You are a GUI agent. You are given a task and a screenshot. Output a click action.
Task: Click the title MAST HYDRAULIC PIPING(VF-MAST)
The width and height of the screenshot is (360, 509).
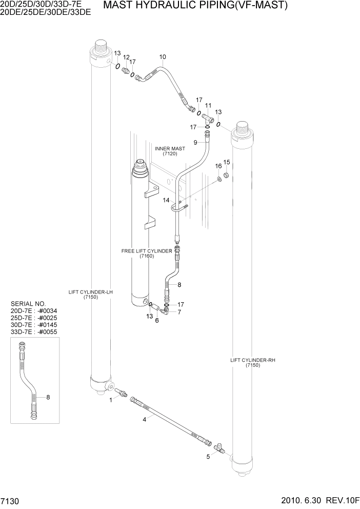pos(195,6)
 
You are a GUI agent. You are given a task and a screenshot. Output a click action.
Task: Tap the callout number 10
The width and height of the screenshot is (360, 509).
pos(163,57)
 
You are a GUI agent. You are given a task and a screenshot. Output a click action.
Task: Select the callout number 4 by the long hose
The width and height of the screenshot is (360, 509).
pos(145,420)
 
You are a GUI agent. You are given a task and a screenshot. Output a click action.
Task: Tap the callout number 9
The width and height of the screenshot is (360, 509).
pos(195,142)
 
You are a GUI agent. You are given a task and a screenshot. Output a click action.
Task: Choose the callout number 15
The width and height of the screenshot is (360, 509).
pos(227,163)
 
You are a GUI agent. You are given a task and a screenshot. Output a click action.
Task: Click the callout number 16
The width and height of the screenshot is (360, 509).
pos(218,166)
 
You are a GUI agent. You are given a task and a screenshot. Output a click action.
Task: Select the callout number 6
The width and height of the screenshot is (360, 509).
pos(157,321)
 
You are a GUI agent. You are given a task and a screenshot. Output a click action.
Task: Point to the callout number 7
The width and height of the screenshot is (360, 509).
pos(179,311)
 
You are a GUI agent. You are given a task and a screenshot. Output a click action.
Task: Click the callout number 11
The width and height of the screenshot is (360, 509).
pos(208,105)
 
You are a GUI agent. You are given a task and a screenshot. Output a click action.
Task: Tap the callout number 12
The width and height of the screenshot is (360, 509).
pos(126,57)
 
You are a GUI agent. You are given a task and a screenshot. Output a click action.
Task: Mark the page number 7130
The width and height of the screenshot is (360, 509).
pos(10,500)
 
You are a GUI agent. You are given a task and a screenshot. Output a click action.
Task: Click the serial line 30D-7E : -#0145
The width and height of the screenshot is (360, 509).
pos(34,325)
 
